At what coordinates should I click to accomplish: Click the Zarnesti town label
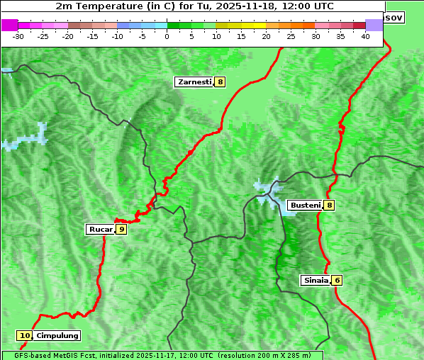[x=194, y=82]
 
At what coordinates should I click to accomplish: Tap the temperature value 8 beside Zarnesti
[x=221, y=82]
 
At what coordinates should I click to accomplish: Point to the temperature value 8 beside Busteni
[x=330, y=206]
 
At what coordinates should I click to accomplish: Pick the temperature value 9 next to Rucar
[x=122, y=229]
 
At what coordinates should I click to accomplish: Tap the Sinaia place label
[x=316, y=280]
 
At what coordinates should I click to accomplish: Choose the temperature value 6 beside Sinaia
[x=337, y=280]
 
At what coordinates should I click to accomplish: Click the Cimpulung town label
[x=57, y=336]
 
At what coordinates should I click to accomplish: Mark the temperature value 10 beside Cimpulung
[x=25, y=336]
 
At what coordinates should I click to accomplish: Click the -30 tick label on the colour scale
[x=18, y=36]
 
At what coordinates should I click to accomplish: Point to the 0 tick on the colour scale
[x=167, y=36]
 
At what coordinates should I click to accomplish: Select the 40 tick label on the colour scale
[x=366, y=36]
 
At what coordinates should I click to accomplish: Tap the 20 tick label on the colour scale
[x=267, y=36]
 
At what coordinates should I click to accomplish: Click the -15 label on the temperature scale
[x=93, y=36]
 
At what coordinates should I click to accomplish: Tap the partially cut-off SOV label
[x=394, y=17]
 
